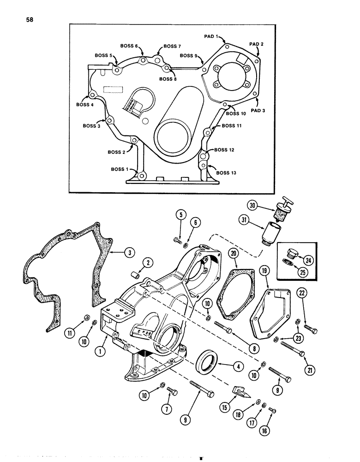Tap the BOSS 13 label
(226, 173)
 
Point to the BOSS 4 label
(84, 105)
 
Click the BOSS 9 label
(189, 56)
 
